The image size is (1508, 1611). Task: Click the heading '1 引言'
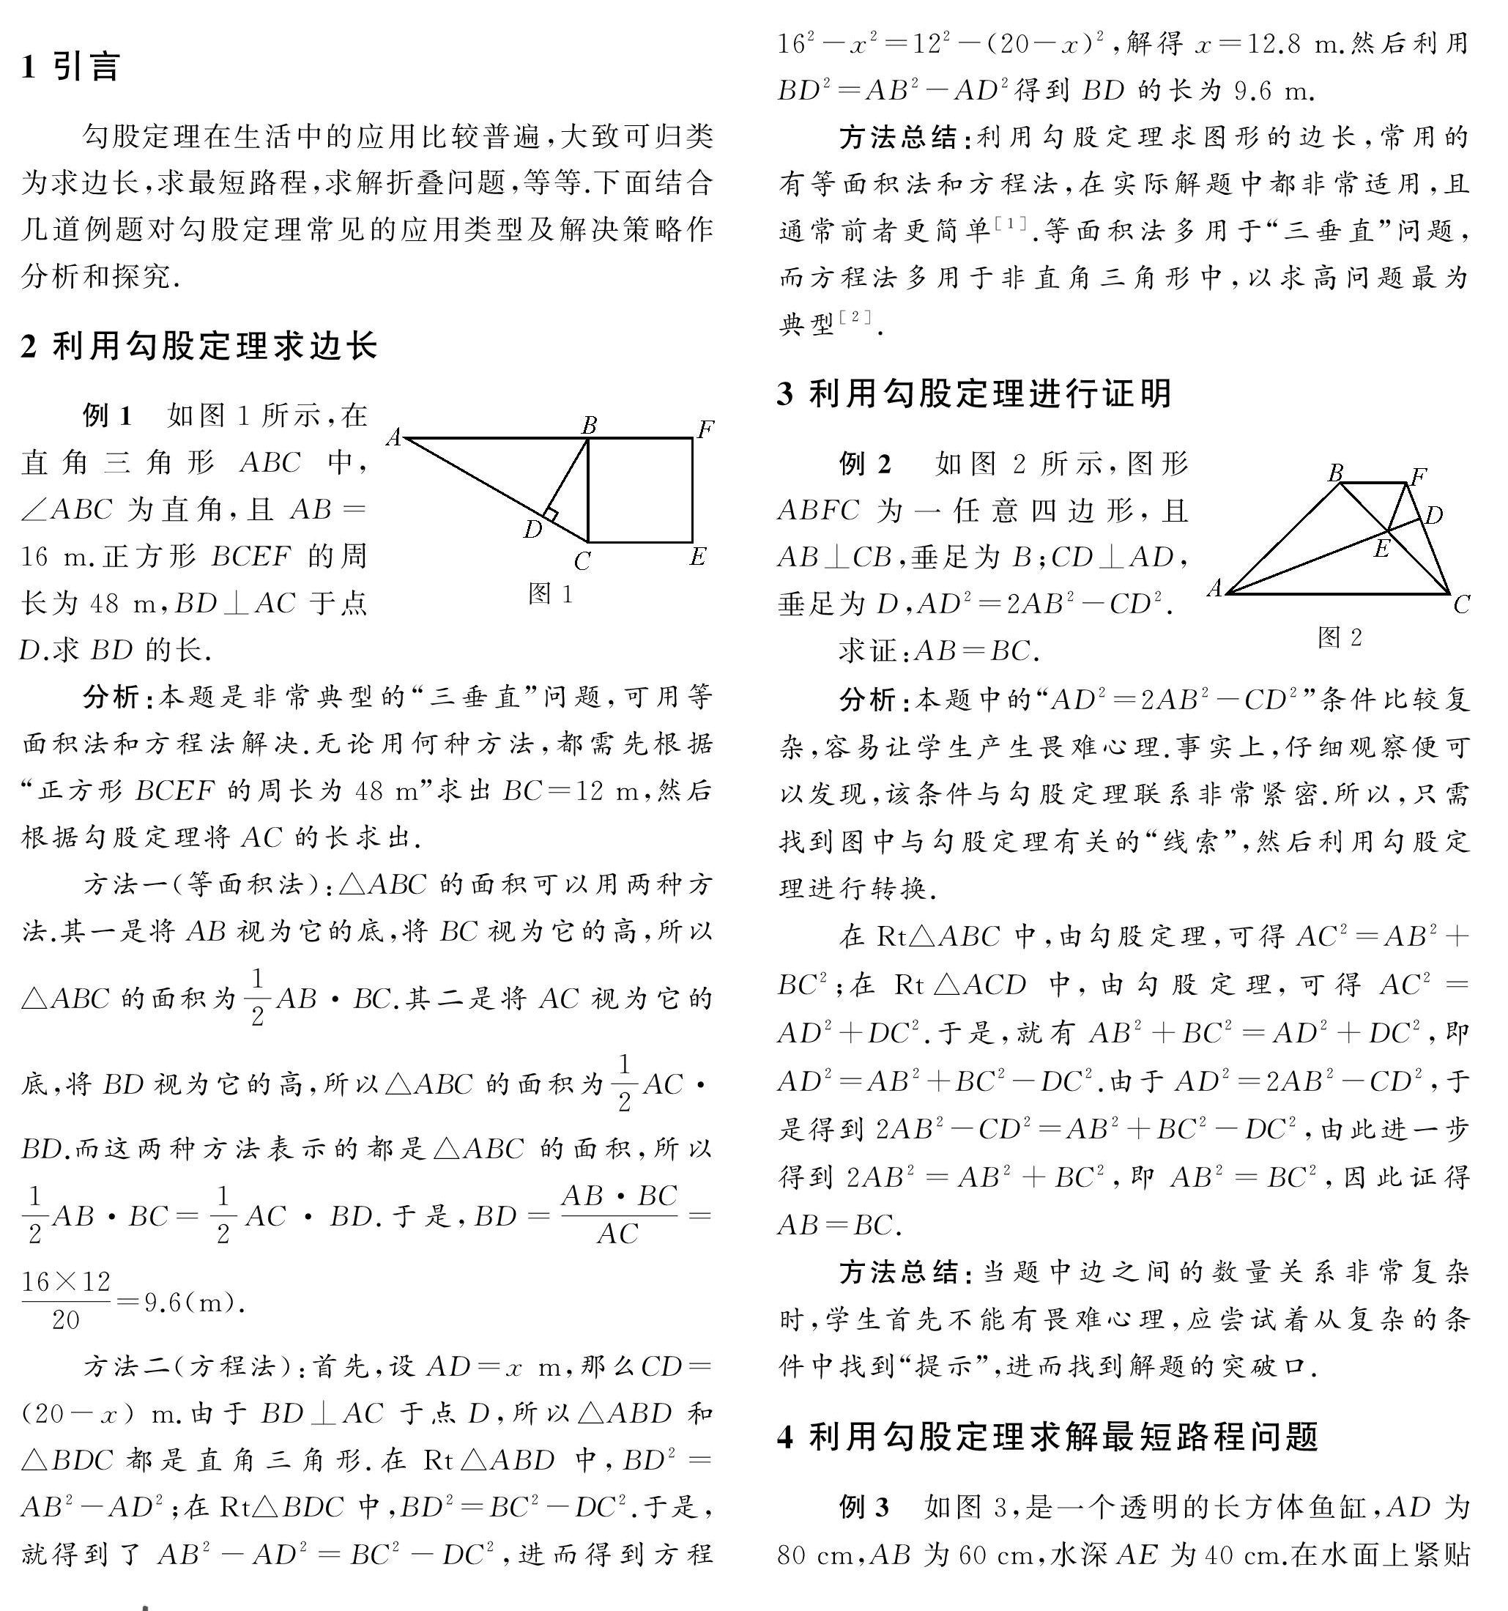[x=71, y=67]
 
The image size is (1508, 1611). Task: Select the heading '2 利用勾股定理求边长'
[x=199, y=347]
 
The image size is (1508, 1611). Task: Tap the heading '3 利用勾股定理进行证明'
[x=975, y=394]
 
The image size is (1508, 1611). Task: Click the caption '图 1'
[x=550, y=594]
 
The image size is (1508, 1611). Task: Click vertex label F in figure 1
[x=706, y=428]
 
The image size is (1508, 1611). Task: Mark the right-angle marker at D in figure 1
[x=550, y=514]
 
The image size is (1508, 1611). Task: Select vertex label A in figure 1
[x=394, y=437]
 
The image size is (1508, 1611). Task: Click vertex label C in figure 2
[x=1461, y=604]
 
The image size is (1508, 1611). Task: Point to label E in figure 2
[x=1381, y=549]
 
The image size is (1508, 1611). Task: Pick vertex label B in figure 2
[x=1335, y=473]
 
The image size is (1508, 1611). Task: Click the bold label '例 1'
[x=107, y=415]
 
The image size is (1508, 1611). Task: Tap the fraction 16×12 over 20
[x=66, y=1300]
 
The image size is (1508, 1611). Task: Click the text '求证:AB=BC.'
[x=939, y=651]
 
